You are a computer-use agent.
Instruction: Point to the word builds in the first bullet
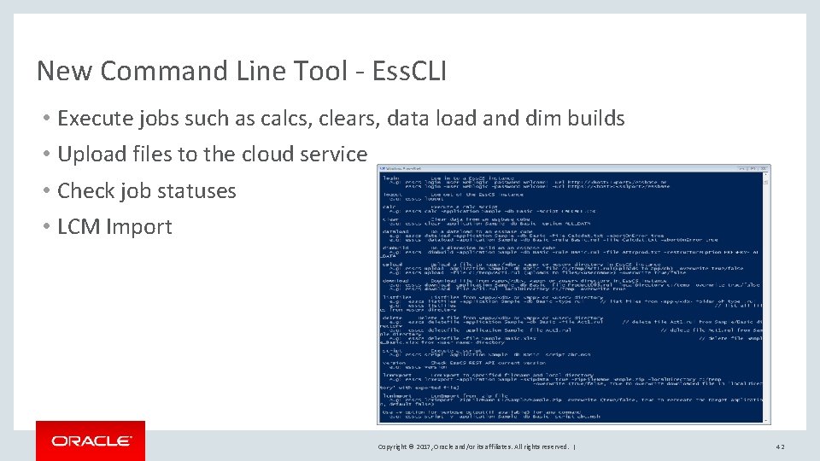pos(595,119)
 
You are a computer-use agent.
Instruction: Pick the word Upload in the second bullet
pos(90,155)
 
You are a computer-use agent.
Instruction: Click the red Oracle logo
pos(91,441)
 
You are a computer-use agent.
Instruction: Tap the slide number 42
pos(780,446)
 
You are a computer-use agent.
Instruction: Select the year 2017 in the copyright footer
pos(427,446)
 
